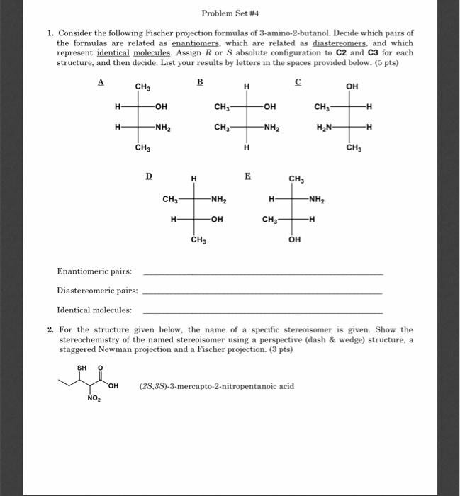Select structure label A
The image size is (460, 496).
pyautogui.click(x=101, y=82)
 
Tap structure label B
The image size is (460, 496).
pyautogui.click(x=199, y=82)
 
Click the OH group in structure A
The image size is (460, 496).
pyautogui.click(x=161, y=107)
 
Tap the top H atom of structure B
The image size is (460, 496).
pyautogui.click(x=246, y=87)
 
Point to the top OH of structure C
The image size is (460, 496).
pyautogui.click(x=352, y=87)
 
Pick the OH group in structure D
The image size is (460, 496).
pyautogui.click(x=217, y=219)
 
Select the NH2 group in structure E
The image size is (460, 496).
pyautogui.click(x=317, y=199)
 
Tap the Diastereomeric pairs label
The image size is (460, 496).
pyautogui.click(x=97, y=291)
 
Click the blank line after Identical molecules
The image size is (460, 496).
pyautogui.click(x=262, y=310)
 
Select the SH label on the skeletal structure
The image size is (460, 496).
pyautogui.click(x=80, y=368)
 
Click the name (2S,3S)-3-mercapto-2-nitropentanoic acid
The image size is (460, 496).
pyautogui.click(x=217, y=386)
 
